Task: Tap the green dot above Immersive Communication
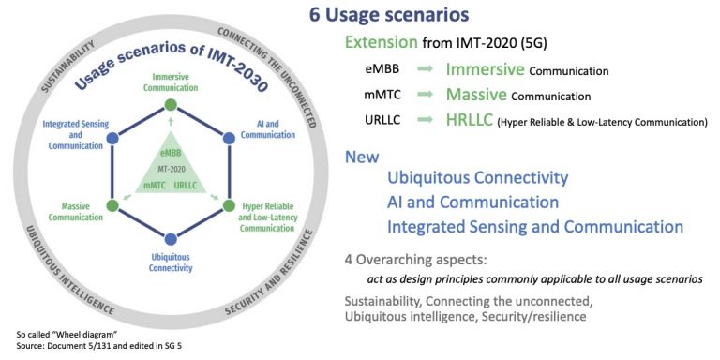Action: pyautogui.click(x=170, y=103)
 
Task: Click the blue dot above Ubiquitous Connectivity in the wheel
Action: pyautogui.click(x=170, y=238)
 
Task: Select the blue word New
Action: pyautogui.click(x=362, y=157)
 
